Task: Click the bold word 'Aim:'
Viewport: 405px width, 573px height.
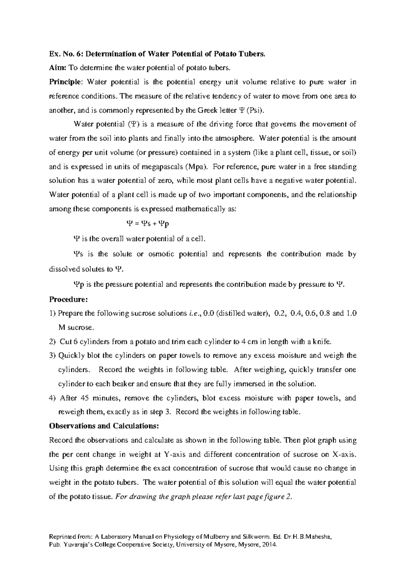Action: (58, 68)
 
